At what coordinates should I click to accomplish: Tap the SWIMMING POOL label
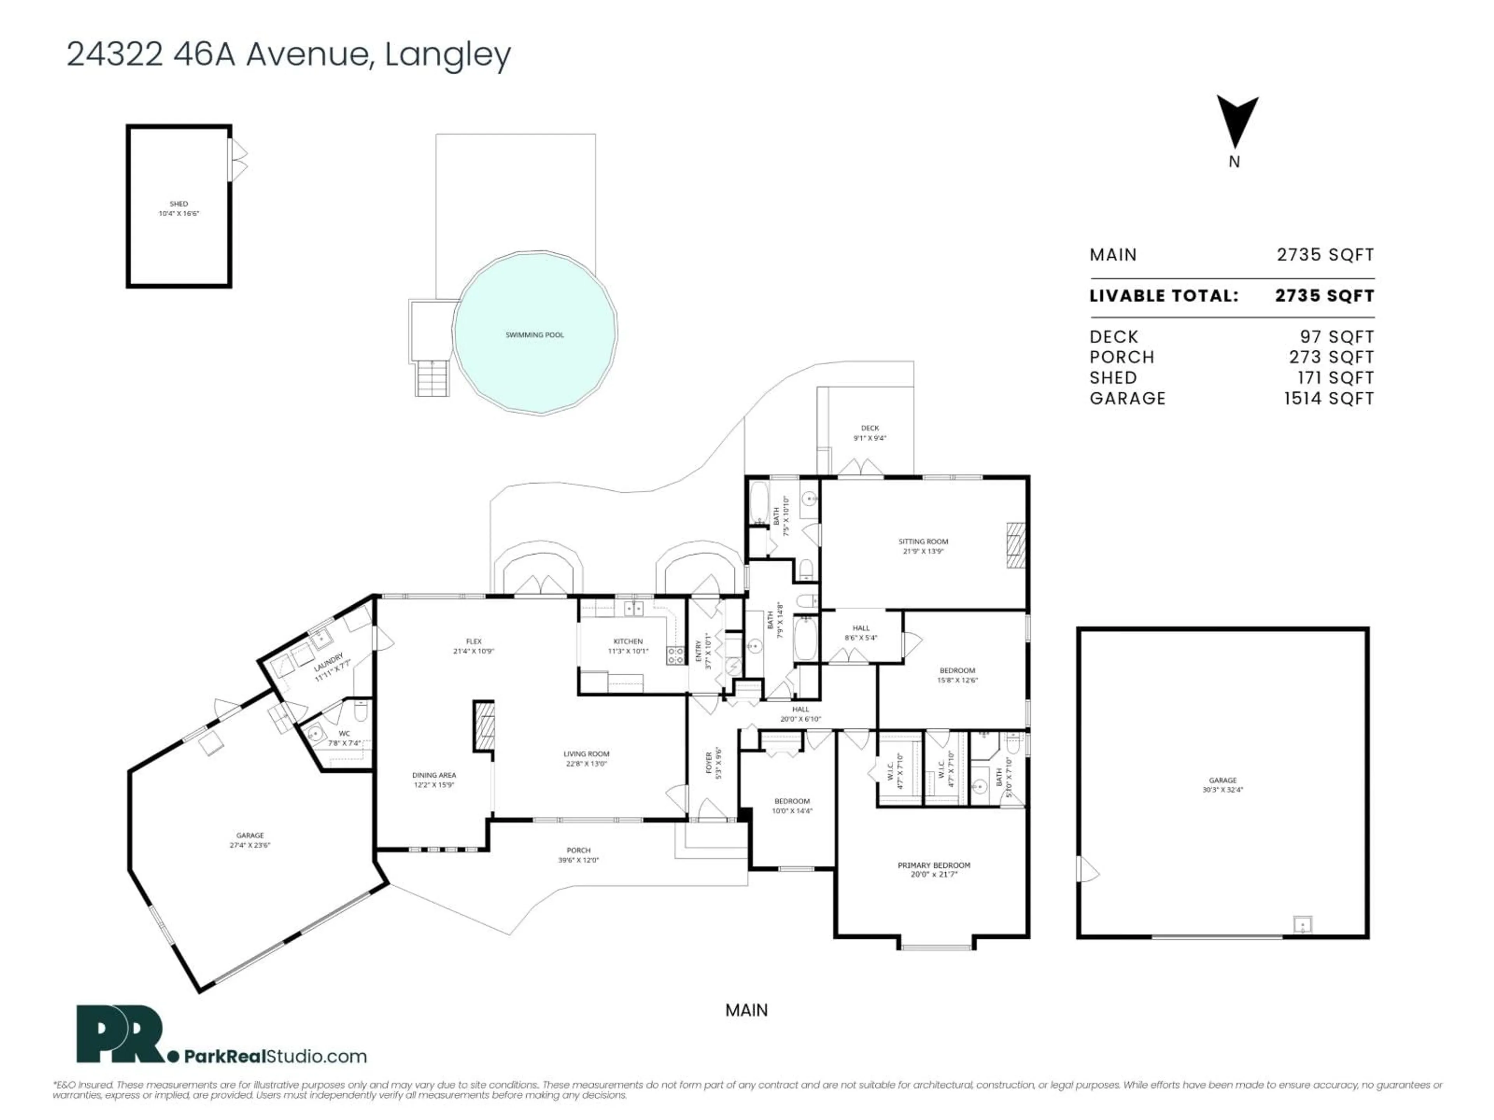point(534,335)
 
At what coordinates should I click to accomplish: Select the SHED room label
point(179,204)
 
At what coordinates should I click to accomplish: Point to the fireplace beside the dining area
point(484,726)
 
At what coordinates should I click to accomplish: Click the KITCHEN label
point(628,641)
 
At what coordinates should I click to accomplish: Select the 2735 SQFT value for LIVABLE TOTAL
point(1324,296)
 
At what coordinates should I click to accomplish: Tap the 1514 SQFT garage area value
point(1329,398)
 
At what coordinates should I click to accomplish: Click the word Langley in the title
point(448,55)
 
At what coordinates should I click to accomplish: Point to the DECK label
point(870,428)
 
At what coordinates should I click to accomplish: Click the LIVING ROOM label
point(586,754)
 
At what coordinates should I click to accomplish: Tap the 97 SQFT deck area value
point(1337,337)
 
